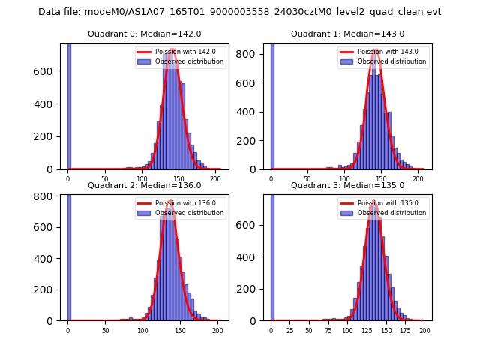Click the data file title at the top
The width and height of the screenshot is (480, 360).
pos(240,12)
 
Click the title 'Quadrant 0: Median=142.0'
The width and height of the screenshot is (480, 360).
pos(145,34)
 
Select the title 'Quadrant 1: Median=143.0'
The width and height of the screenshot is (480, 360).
pos(347,34)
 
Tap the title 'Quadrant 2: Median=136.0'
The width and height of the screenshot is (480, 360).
pos(145,185)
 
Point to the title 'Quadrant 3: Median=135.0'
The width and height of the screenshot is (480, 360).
pos(347,185)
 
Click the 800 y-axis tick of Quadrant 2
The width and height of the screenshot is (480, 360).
pos(46,196)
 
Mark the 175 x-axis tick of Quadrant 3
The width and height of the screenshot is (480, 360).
pos(406,330)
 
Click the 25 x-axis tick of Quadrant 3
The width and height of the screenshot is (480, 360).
pos(290,330)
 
